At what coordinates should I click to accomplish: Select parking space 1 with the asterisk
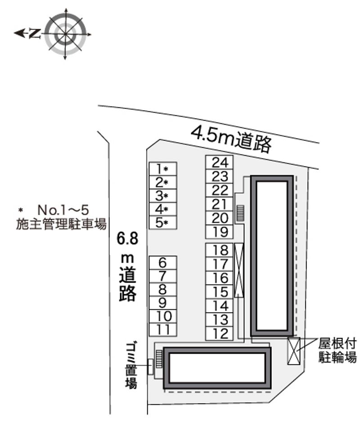point(162,169)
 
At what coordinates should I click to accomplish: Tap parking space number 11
point(162,329)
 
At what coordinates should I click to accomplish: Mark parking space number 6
point(162,262)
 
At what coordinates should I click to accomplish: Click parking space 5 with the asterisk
point(162,222)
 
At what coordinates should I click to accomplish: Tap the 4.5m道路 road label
point(232,138)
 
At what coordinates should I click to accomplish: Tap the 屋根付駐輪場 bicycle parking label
point(337,351)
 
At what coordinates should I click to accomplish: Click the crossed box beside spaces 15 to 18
point(239,270)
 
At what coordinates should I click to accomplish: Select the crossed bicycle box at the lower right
point(294,351)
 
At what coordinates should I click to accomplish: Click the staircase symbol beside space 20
point(240,213)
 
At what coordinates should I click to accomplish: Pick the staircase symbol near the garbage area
point(159,358)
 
